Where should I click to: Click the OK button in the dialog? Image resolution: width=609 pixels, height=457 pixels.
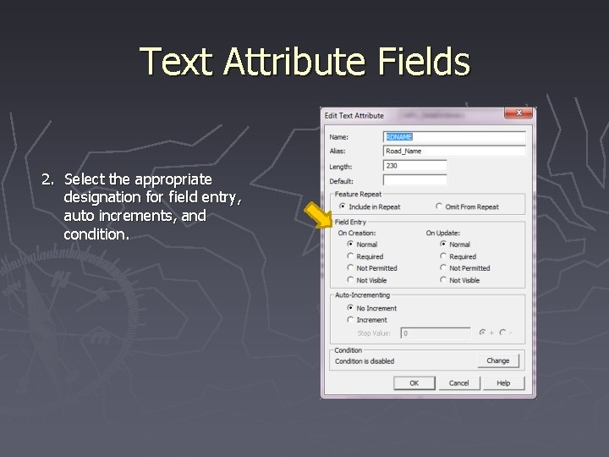[x=414, y=383]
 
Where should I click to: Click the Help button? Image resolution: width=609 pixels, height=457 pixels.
[x=503, y=383]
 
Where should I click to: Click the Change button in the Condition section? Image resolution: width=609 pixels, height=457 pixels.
[x=497, y=361]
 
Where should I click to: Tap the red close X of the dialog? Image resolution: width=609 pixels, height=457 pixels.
[x=518, y=113]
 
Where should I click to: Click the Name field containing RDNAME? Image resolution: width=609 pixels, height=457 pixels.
[x=454, y=137]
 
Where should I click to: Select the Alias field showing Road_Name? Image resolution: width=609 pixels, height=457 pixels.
[x=454, y=151]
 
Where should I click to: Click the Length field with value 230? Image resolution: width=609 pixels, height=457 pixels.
[x=414, y=166]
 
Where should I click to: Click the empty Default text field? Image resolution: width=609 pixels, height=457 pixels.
[x=414, y=180]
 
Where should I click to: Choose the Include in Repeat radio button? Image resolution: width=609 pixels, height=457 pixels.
[x=342, y=206]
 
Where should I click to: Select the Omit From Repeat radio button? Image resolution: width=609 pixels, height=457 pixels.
[x=439, y=206]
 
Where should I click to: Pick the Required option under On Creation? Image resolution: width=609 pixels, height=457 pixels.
[x=351, y=256]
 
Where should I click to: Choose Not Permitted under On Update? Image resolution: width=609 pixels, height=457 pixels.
[x=443, y=268]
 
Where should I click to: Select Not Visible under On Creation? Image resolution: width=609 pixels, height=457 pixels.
[x=351, y=280]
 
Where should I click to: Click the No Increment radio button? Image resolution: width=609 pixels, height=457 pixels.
[x=351, y=308]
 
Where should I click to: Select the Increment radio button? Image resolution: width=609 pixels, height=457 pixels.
[x=351, y=320]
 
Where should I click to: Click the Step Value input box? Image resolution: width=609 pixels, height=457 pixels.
[x=436, y=333]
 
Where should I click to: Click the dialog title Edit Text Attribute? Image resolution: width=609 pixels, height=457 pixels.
[x=354, y=115]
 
